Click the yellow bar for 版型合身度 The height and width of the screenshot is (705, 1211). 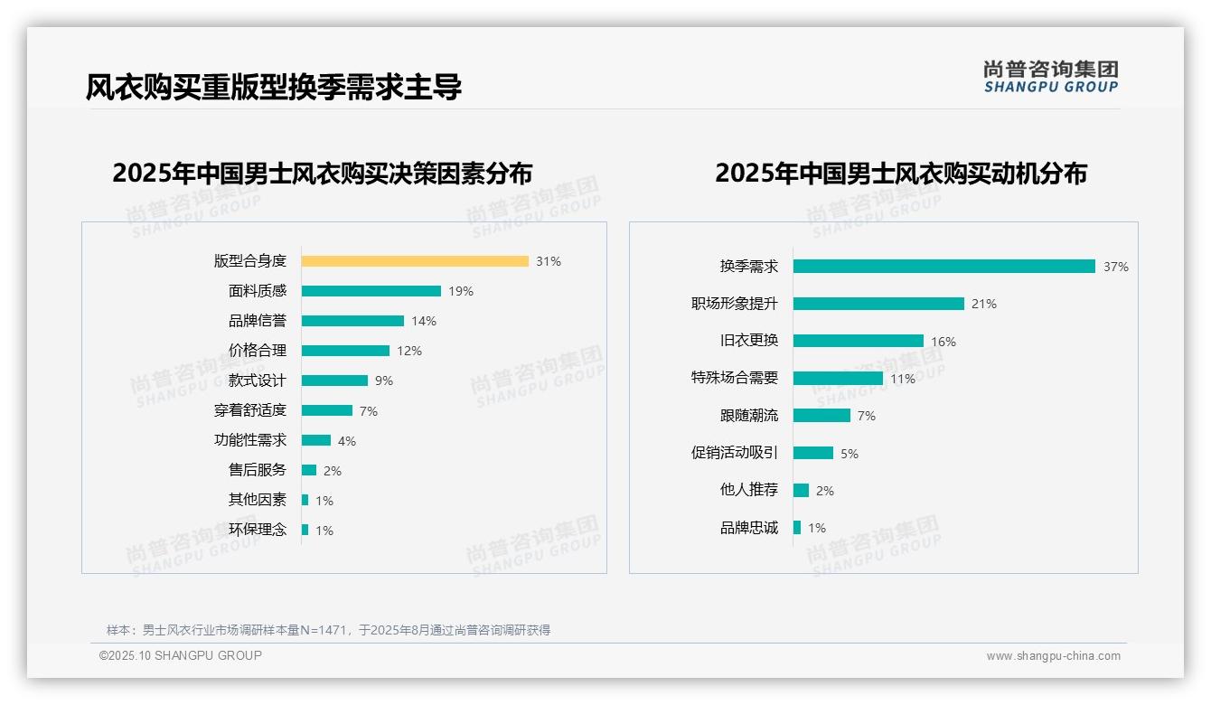[x=415, y=261]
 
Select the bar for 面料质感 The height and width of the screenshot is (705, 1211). [x=371, y=291]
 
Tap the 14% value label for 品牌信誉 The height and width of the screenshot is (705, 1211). [x=424, y=321]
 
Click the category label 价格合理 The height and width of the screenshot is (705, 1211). [x=258, y=351]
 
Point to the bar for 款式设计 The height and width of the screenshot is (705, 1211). [x=334, y=381]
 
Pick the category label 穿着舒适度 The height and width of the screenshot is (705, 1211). [x=250, y=410]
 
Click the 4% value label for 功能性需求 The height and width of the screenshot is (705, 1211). [x=347, y=441]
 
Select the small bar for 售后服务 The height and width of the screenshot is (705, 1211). [x=309, y=470]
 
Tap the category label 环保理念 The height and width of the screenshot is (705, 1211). [x=258, y=530]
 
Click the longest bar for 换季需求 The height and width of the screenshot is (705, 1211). [x=944, y=267]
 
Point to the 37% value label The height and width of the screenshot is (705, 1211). [x=1115, y=267]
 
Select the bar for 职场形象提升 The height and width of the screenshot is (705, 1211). [x=878, y=304]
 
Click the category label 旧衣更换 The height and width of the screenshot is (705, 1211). [x=749, y=341]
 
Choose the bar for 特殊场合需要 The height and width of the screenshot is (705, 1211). [x=838, y=379]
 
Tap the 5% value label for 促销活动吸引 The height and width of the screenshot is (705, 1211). [x=850, y=454]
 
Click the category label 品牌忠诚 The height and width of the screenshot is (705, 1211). [x=749, y=528]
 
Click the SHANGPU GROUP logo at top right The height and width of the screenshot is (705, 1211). [x=1051, y=77]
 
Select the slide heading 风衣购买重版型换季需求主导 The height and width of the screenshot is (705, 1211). [x=274, y=88]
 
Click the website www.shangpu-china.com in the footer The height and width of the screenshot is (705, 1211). [x=1053, y=656]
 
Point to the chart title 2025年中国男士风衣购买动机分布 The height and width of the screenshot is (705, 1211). [x=901, y=174]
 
